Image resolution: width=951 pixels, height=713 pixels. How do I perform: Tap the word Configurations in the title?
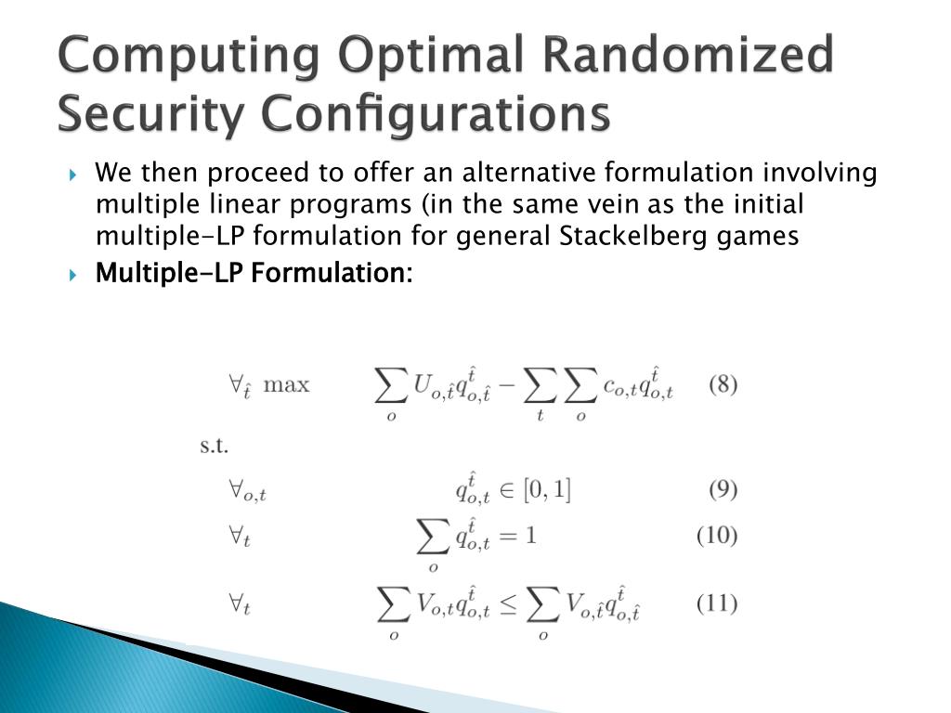pos(433,115)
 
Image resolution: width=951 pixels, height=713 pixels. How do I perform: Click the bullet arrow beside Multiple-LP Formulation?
pos(75,275)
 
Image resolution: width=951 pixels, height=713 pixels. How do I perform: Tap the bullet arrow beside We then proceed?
pos(75,175)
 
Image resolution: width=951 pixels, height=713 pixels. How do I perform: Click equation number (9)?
pos(723,489)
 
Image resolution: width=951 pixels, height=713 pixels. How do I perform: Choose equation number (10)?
pos(717,536)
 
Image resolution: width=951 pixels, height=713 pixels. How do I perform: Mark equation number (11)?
pos(717,604)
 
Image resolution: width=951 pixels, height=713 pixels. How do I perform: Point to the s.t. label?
pos(215,445)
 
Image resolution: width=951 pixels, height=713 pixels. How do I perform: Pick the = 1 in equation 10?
pos(518,537)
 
